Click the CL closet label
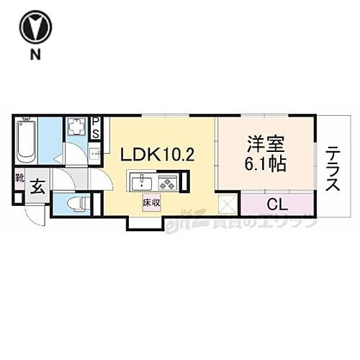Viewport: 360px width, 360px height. (x=276, y=204)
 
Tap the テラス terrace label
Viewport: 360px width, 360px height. (x=333, y=170)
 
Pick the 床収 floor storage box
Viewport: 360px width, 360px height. (x=150, y=203)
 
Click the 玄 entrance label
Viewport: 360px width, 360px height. (x=37, y=189)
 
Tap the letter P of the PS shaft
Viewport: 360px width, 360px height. (x=96, y=122)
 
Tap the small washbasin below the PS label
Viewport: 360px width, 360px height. (x=94, y=153)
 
